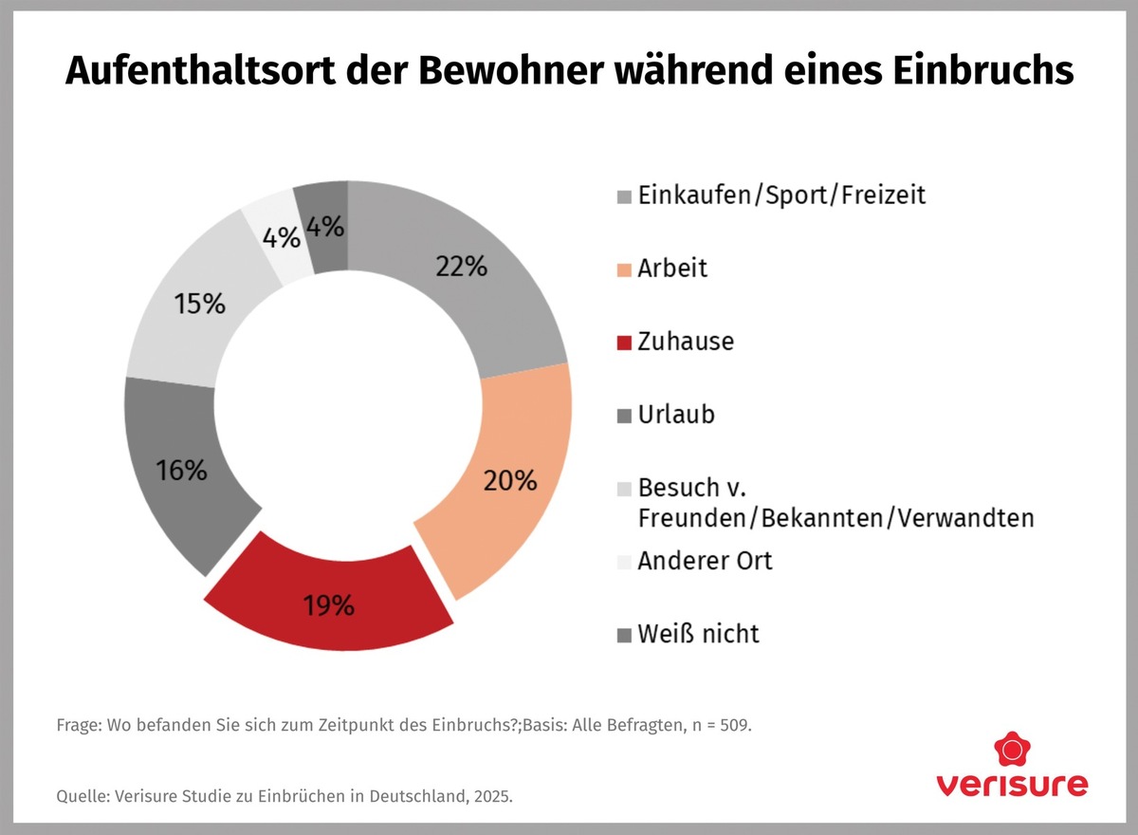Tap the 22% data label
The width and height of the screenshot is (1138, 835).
[x=462, y=266]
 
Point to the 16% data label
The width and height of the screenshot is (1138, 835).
[x=182, y=470]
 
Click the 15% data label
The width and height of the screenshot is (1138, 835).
[x=200, y=304]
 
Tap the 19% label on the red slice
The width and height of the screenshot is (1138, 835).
[x=329, y=604]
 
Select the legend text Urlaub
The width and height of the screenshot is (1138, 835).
[x=676, y=414]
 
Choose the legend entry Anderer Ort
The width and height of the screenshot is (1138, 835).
[x=705, y=560]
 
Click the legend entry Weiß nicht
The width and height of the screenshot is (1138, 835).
[x=699, y=633]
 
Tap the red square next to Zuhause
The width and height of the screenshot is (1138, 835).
[x=623, y=342]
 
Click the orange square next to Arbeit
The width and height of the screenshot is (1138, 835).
[x=623, y=269]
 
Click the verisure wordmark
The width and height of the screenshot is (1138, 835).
[x=1012, y=786]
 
